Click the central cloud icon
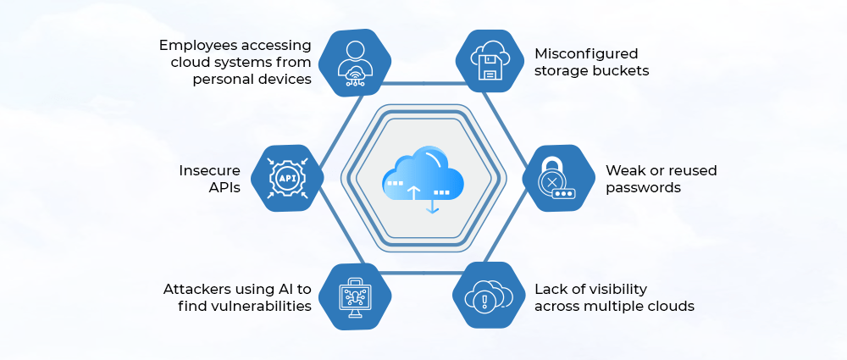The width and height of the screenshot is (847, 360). tap(423, 179)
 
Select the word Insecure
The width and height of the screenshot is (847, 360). tap(209, 170)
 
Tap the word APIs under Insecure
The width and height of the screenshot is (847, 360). tap(224, 187)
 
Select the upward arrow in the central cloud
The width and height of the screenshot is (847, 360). tap(413, 191)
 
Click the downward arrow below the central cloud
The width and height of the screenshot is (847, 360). tap(433, 204)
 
